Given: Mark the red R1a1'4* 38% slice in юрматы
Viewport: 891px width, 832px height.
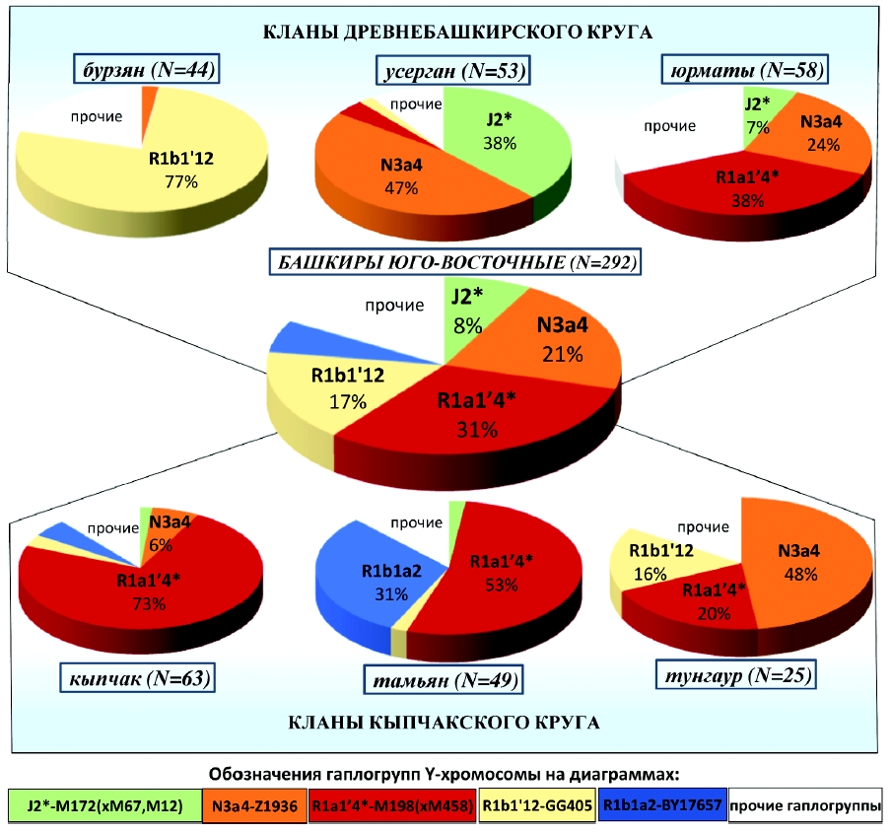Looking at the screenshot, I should click(x=720, y=187).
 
